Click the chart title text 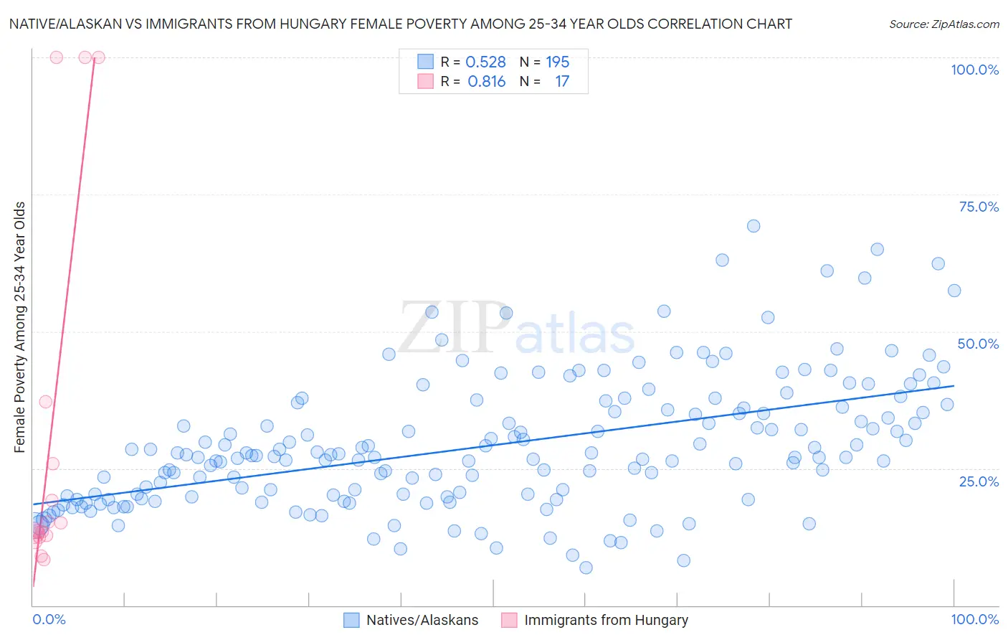400,24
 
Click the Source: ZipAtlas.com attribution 943,24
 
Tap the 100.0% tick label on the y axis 974,70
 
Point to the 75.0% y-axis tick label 979,207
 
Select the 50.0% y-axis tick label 978,344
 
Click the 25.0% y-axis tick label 979,481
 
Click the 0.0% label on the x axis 49,619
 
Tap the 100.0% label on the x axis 974,619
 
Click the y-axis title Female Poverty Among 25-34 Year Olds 20,327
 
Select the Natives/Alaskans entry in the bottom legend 422,620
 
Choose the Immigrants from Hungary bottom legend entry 605,620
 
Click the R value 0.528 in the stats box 485,62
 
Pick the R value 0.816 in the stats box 486,82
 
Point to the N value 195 557,62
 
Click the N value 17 561,82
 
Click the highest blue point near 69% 753,226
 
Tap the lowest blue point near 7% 586,568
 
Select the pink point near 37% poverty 46,402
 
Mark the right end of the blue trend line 954,386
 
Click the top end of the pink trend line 94,59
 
